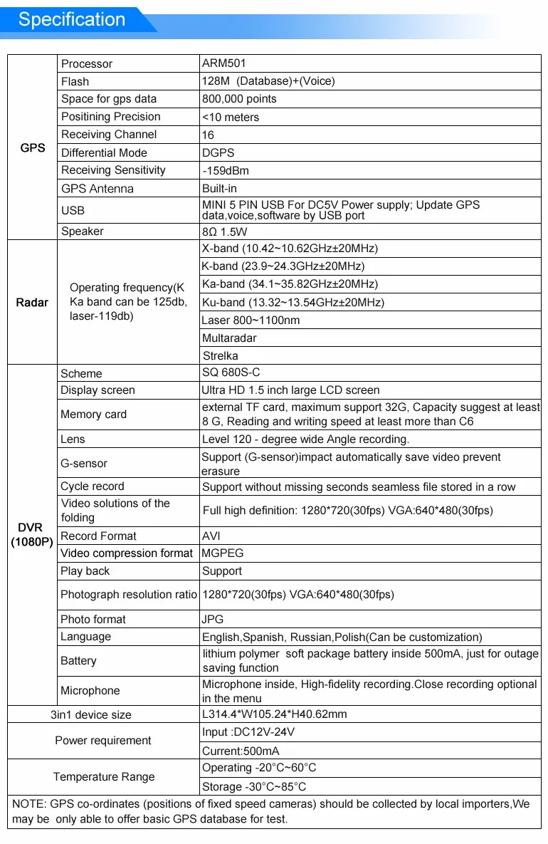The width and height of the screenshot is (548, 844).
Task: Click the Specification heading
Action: [x=71, y=19]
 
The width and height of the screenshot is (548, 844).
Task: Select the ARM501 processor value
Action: [x=224, y=63]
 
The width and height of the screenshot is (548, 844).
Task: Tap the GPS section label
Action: [x=33, y=148]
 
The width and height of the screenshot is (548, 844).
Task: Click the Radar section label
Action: [x=33, y=303]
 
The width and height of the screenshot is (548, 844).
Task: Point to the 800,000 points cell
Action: [x=239, y=99]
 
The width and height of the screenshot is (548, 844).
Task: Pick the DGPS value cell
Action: [x=218, y=152]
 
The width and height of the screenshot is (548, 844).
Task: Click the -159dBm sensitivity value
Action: [x=226, y=171]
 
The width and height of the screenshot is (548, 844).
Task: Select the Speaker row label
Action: [x=83, y=231]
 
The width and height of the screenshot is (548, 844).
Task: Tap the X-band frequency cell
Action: [x=290, y=249]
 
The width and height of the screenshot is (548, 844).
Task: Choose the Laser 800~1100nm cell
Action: [x=251, y=321]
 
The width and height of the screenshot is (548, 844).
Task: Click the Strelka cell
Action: [x=220, y=356]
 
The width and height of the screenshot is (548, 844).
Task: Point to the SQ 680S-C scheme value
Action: [x=232, y=373]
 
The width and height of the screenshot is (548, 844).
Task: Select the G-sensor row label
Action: [x=84, y=464]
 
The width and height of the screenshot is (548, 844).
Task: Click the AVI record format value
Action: [x=212, y=536]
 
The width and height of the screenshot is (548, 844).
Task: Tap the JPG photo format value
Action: [x=213, y=620]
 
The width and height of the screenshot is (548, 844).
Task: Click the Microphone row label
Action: [x=90, y=691]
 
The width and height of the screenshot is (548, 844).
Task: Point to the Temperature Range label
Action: [x=104, y=777]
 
